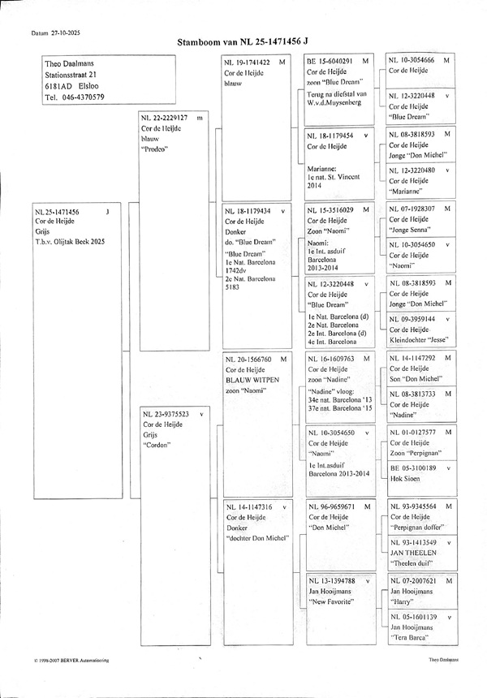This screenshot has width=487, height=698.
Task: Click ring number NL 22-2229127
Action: (x=165, y=118)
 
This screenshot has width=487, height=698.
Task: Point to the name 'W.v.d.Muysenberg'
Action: (x=333, y=104)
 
